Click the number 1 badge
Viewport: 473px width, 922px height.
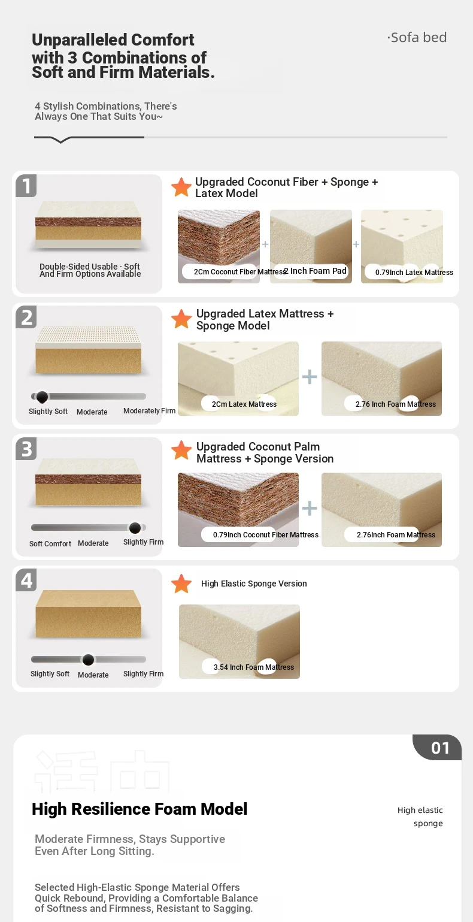26,186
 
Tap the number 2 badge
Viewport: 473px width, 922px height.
26,317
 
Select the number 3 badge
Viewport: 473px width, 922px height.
26,449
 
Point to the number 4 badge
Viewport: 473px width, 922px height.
26,580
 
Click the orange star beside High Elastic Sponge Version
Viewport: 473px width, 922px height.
181,584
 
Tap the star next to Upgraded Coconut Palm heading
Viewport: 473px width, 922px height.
181,451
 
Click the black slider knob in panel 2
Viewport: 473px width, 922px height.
42,397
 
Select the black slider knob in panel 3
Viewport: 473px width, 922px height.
135,528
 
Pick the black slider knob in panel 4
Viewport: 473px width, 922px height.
88,660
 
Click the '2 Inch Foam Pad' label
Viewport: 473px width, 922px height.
315,271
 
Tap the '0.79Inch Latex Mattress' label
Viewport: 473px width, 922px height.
414,273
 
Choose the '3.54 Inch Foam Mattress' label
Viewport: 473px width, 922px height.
254,667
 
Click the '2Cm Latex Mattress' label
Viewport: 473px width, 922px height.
244,404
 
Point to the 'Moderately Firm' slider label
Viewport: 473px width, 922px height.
149,411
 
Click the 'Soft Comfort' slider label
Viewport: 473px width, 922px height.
50,543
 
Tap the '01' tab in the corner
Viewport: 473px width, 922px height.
439,748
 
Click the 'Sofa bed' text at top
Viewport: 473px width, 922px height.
417,38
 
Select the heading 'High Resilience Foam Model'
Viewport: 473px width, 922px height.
140,809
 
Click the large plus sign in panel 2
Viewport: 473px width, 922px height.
310,377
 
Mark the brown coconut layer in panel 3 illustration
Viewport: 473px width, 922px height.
88,479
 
